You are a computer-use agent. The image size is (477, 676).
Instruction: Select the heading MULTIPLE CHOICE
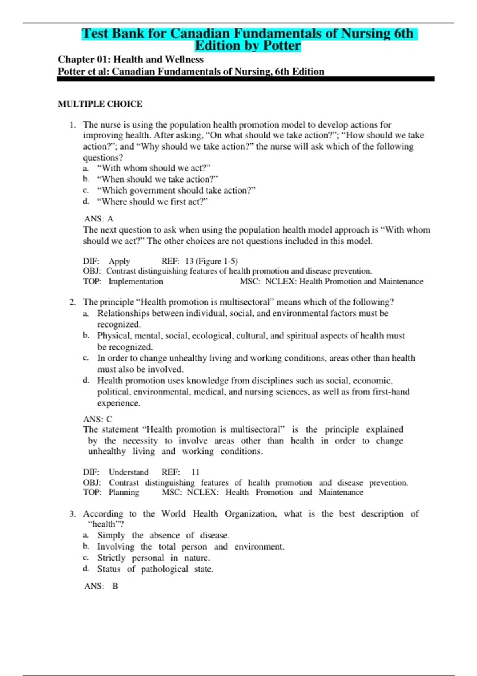pyautogui.click(x=100, y=104)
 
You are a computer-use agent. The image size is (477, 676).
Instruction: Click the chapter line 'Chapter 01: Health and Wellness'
pyautogui.click(x=130, y=60)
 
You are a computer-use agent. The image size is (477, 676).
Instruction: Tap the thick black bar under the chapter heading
pyautogui.click(x=246, y=79)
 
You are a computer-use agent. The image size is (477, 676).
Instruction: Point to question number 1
pyautogui.click(x=72, y=125)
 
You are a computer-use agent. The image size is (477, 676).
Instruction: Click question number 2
pyautogui.click(x=72, y=302)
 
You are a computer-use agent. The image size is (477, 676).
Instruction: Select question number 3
pyautogui.click(x=72, y=514)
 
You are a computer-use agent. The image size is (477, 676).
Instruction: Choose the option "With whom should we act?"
pyautogui.click(x=153, y=168)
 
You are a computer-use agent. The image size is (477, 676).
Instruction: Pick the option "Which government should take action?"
pyautogui.click(x=176, y=190)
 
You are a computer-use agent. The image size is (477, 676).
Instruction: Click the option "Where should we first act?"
pyautogui.click(x=153, y=202)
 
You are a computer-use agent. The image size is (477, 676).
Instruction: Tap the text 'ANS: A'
pyautogui.click(x=99, y=219)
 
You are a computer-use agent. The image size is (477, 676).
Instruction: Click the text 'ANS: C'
pyautogui.click(x=98, y=419)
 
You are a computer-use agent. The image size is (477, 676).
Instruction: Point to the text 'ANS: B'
pyautogui.click(x=101, y=586)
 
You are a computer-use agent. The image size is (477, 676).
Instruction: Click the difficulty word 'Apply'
pyautogui.click(x=119, y=261)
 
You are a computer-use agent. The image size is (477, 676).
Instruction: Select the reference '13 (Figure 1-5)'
pyautogui.click(x=211, y=261)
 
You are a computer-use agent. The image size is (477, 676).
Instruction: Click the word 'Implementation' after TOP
pyautogui.click(x=136, y=282)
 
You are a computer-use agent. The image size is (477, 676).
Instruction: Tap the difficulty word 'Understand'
pyautogui.click(x=128, y=472)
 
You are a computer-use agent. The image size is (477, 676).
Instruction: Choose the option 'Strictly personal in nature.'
pyautogui.click(x=153, y=558)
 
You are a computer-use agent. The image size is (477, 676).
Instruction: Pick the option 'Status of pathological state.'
pyautogui.click(x=155, y=569)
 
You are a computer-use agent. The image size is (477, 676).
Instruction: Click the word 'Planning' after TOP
pyautogui.click(x=124, y=492)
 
